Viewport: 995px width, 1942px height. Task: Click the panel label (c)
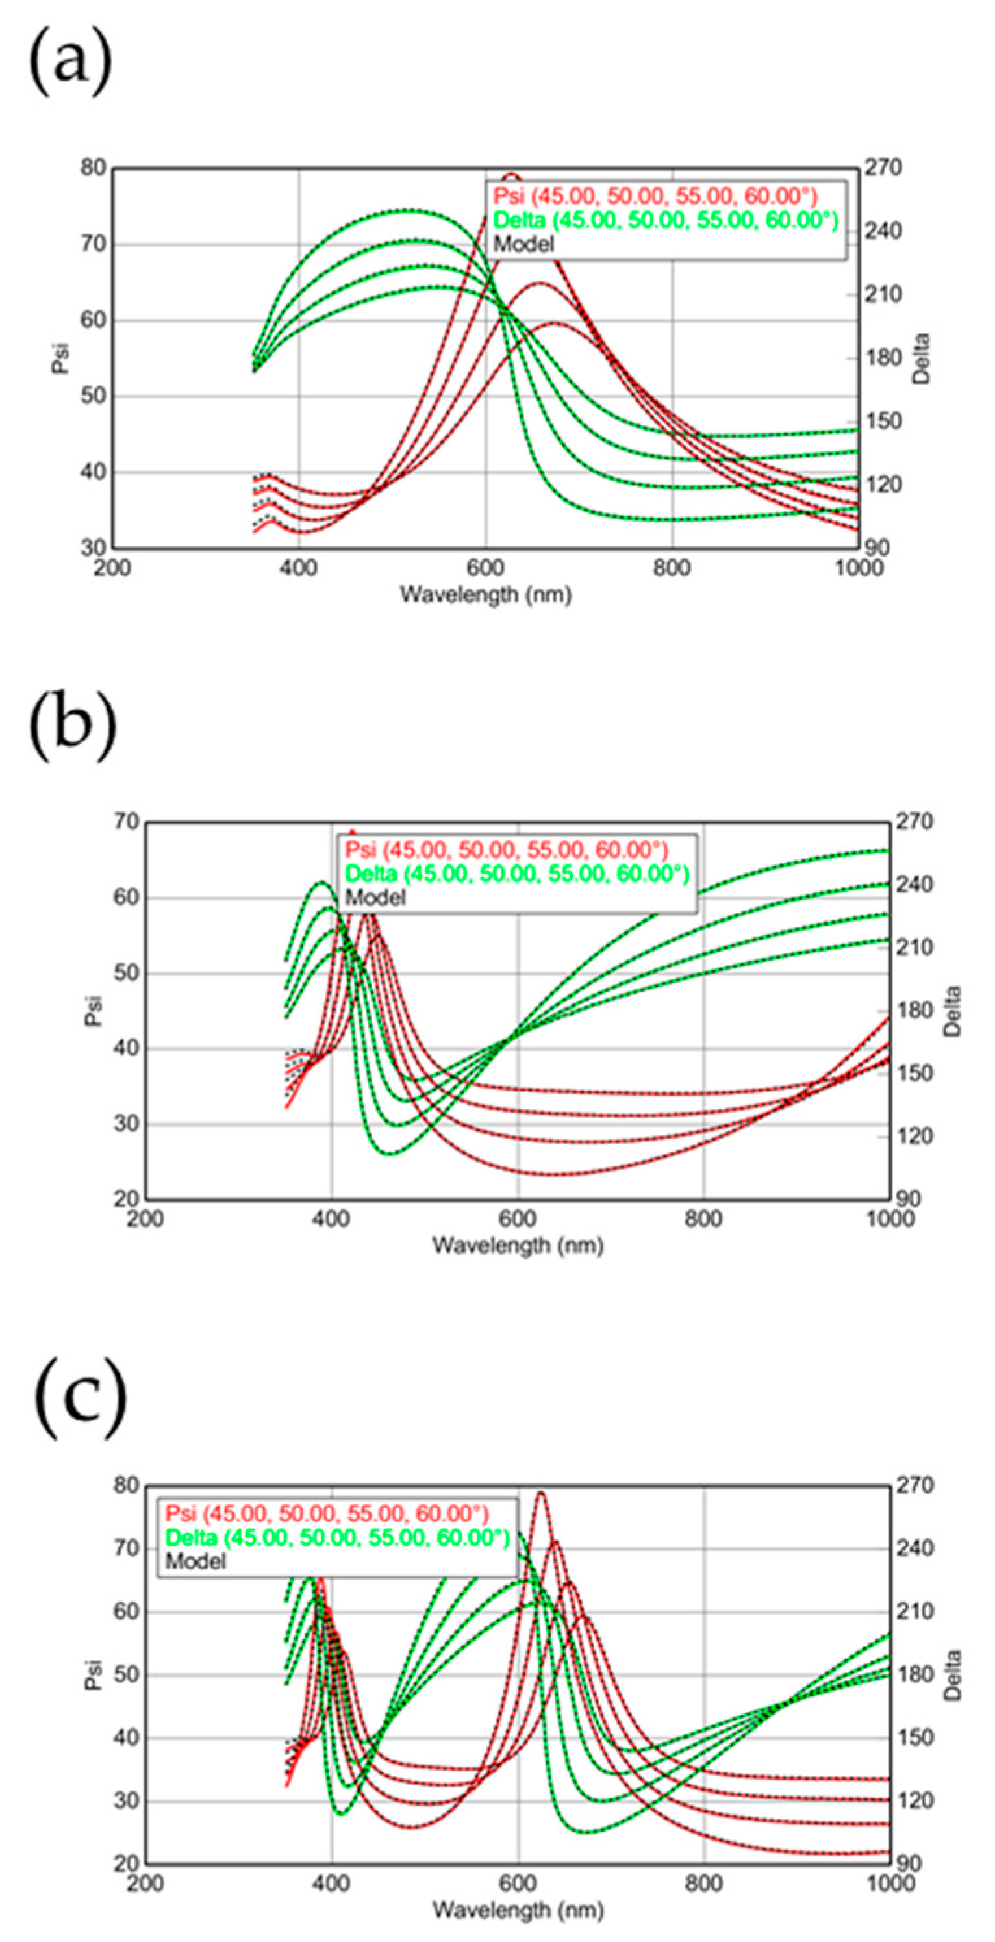tap(80, 1398)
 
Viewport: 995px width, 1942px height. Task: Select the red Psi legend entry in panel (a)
tap(654, 197)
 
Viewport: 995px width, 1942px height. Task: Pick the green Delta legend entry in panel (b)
tap(517, 874)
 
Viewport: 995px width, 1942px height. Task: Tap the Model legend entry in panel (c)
tap(195, 1561)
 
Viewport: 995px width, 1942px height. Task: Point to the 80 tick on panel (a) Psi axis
tap(94, 168)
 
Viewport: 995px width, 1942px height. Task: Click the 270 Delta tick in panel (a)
tap(884, 168)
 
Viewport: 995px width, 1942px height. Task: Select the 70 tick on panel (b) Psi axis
tap(126, 821)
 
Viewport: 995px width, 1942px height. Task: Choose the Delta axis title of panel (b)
tap(953, 1010)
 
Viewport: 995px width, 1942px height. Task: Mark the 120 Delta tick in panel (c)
tap(915, 1801)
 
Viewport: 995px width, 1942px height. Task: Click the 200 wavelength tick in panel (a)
tap(112, 566)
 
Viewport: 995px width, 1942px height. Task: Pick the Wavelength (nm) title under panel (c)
tap(518, 1910)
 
